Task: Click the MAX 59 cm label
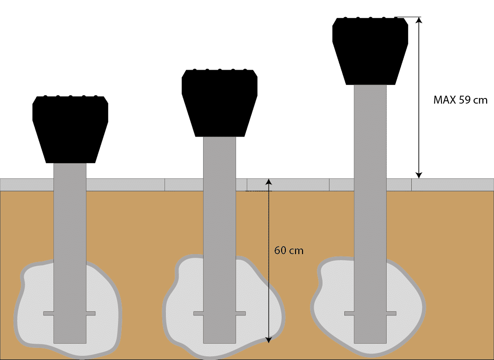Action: [x=461, y=100]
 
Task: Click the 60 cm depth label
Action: [x=289, y=250]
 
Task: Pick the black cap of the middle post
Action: [x=219, y=102]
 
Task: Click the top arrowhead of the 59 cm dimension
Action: [x=419, y=20]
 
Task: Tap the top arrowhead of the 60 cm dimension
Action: [x=269, y=182]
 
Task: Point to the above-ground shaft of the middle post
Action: [x=219, y=158]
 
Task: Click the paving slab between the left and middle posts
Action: [x=125, y=185]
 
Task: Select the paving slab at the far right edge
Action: [x=453, y=185]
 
